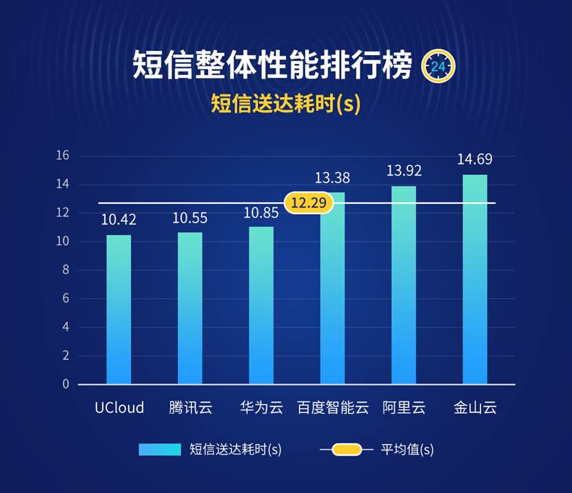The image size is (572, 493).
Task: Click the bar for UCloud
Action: (119, 310)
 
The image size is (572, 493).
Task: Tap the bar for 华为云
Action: (261, 306)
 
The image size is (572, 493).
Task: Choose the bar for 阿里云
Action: (404, 285)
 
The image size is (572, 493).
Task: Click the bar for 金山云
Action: (475, 280)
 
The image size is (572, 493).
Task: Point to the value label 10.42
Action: (119, 220)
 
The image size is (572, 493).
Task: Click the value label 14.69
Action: (475, 159)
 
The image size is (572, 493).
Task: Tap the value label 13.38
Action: (332, 178)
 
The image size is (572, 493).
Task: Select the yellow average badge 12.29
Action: (309, 203)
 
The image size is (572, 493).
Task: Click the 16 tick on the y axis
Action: (63, 156)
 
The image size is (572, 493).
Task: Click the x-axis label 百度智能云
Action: (333, 408)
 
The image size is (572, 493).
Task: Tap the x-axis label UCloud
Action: (119, 408)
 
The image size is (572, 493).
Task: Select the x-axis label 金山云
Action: (475, 408)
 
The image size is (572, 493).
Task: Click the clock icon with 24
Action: (438, 66)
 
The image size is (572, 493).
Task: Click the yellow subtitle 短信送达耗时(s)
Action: (285, 104)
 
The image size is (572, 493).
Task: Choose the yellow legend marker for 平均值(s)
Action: (347, 450)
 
